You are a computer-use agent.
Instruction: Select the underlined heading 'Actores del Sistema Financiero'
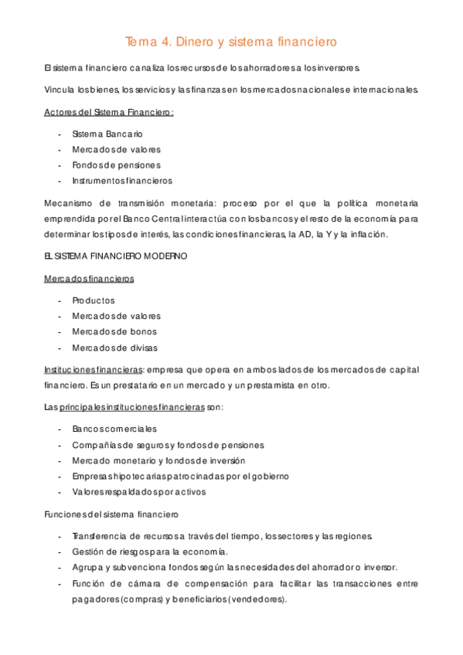pos(108,112)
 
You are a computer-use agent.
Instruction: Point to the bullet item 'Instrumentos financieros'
pos(122,181)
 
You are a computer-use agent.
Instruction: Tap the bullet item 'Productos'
pos(93,300)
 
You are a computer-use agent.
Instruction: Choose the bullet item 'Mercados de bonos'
pos(114,331)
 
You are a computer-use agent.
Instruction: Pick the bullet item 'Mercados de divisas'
pos(115,348)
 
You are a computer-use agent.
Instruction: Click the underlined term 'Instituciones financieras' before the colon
pos(94,369)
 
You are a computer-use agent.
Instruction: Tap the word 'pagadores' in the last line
pos(97,598)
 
